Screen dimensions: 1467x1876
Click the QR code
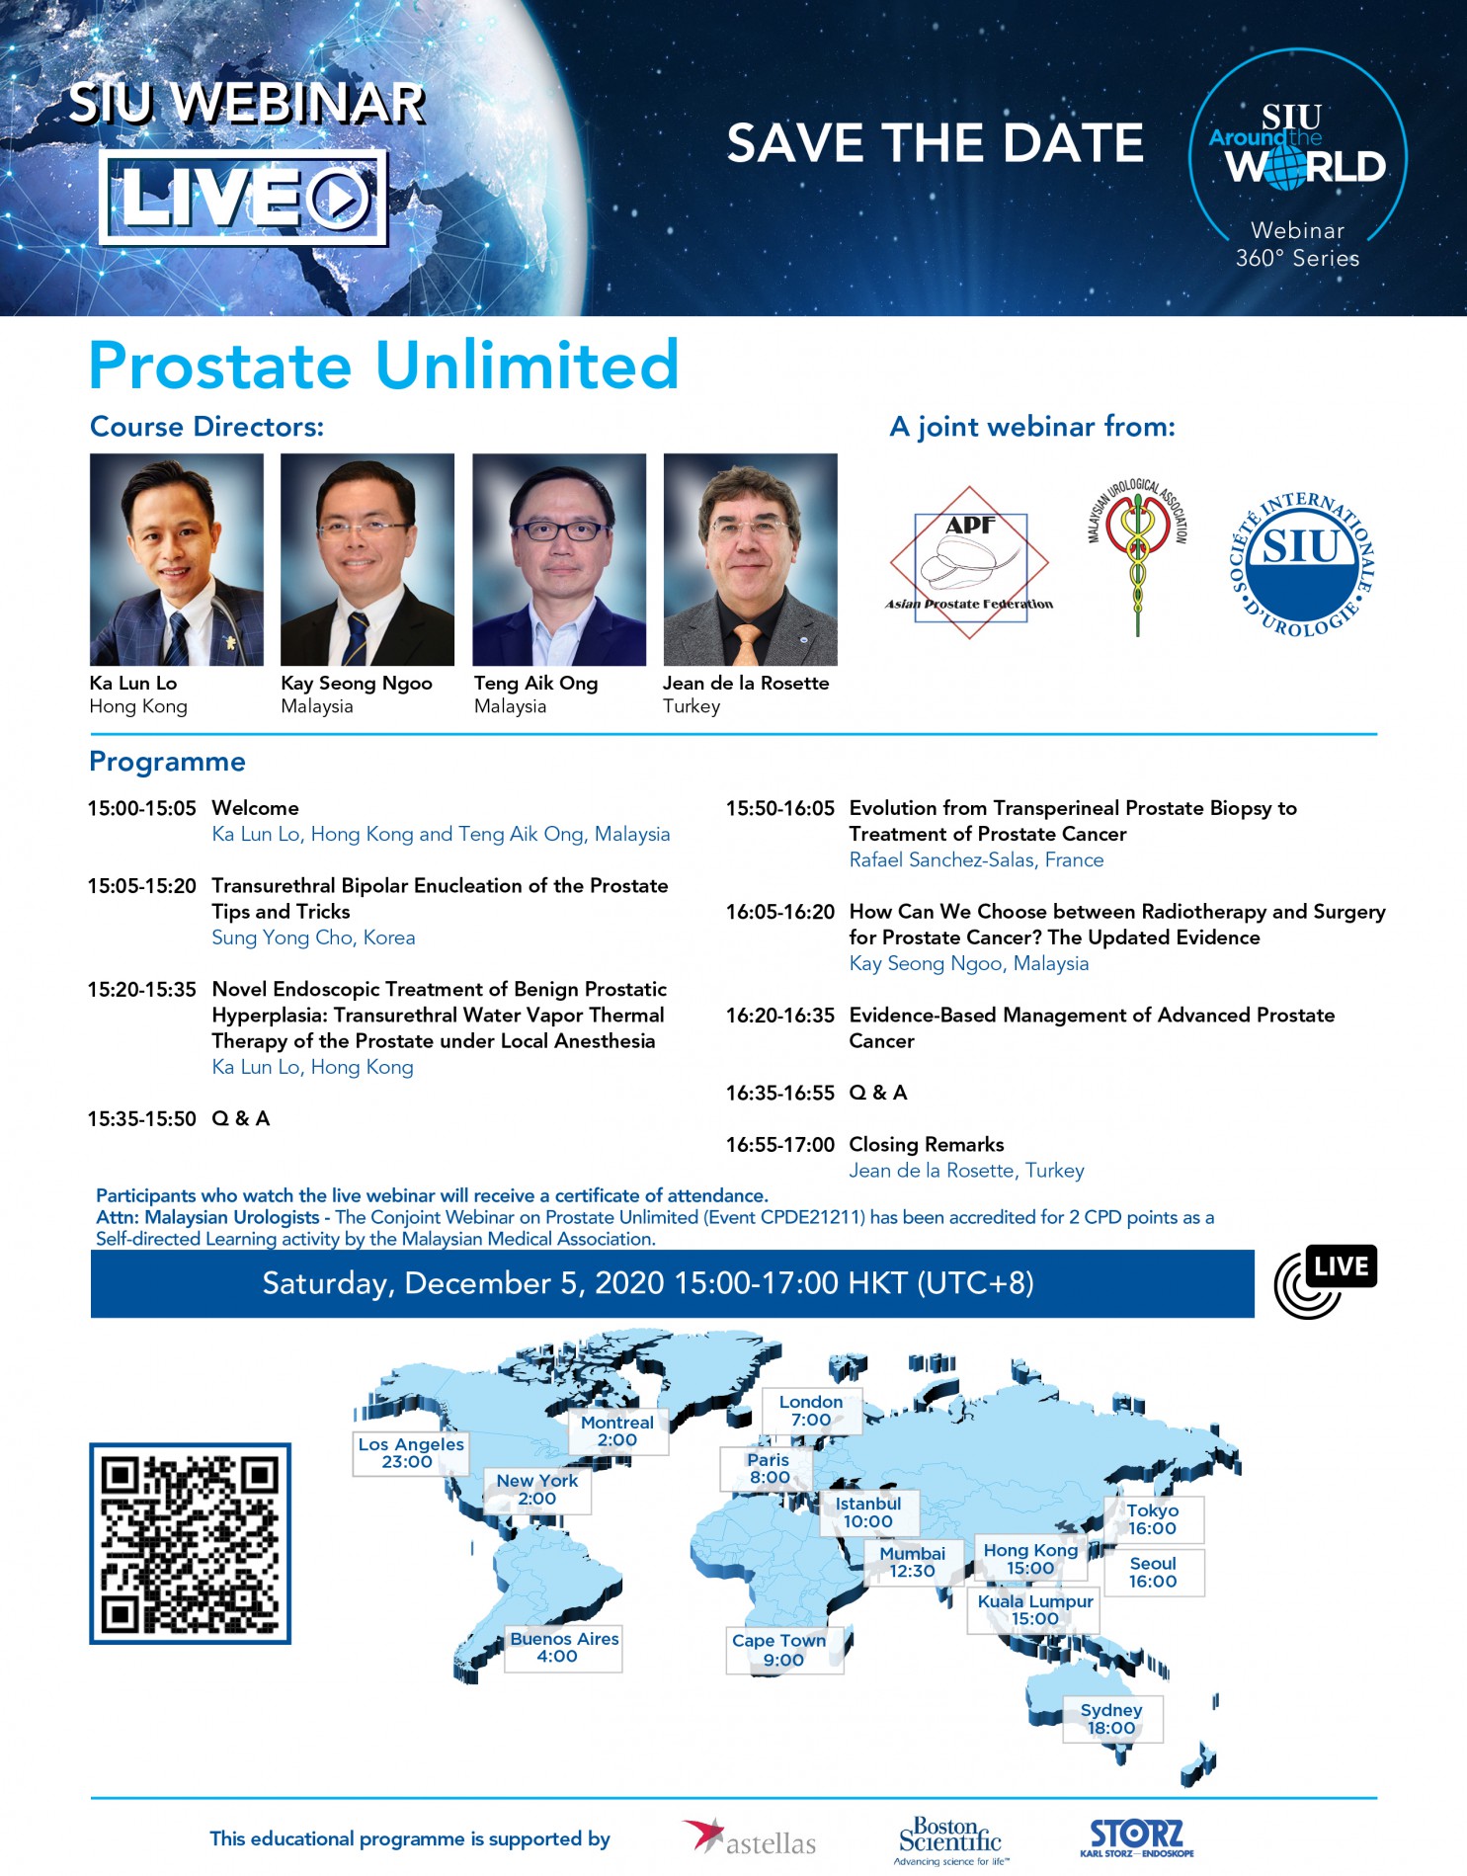click(x=190, y=1543)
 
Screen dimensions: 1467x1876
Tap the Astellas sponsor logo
click(x=750, y=1838)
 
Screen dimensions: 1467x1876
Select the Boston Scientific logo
click(x=950, y=1840)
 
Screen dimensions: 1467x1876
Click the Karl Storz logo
click(x=1136, y=1837)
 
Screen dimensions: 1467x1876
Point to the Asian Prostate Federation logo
click(x=969, y=562)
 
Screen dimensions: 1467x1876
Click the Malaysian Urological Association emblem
click(x=1138, y=557)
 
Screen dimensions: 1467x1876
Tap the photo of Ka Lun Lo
click(x=177, y=559)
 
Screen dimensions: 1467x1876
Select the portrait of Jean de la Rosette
click(x=750, y=559)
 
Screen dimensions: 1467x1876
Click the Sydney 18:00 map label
click(x=1111, y=1719)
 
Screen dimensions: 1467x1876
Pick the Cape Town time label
click(x=783, y=1650)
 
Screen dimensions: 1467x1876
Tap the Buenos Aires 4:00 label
click(x=563, y=1648)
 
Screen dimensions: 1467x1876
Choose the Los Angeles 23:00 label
click(x=410, y=1453)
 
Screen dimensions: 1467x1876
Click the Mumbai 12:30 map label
click(x=913, y=1562)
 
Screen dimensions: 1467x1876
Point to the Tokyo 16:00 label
click(x=1153, y=1519)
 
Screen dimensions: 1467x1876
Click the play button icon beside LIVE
click(x=340, y=198)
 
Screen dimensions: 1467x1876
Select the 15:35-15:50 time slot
click(x=142, y=1118)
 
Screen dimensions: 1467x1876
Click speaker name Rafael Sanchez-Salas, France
click(x=976, y=859)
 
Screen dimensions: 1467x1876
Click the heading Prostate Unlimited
click(x=384, y=366)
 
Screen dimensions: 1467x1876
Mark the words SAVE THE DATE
click(x=936, y=143)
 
